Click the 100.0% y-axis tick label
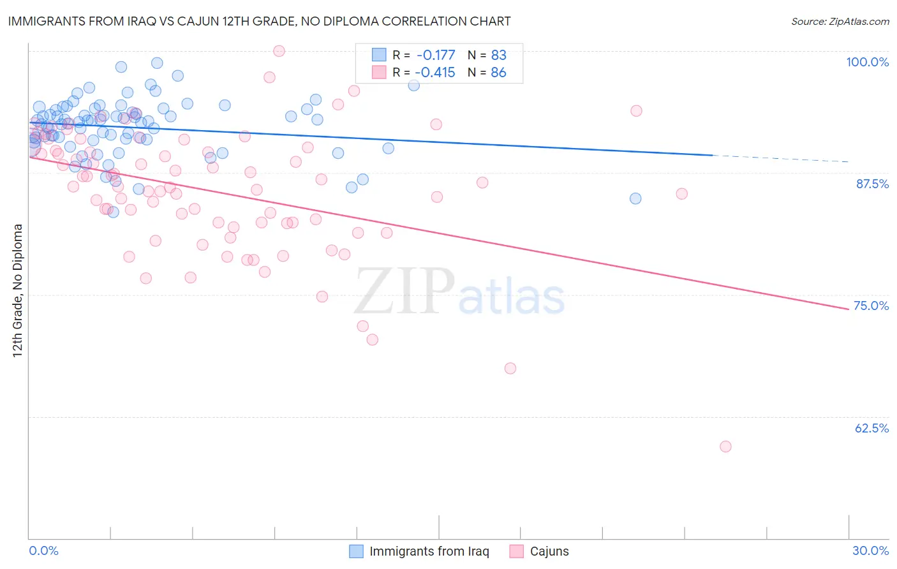click(867, 62)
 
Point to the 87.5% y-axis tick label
click(872, 184)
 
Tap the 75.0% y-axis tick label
click(871, 306)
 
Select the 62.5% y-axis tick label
click(871, 428)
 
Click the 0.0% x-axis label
click(43, 551)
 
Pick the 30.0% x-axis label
click(870, 551)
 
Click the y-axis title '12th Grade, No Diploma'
click(18, 290)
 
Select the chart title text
click(259, 21)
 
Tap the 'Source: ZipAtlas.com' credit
click(840, 22)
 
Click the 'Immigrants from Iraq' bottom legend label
click(429, 551)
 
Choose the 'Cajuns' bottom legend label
click(549, 551)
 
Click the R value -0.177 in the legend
click(436, 55)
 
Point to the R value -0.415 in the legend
click(436, 72)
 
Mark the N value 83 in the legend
click(498, 55)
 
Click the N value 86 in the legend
click(498, 72)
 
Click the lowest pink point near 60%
click(725, 447)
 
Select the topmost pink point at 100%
click(279, 51)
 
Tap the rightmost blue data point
click(635, 198)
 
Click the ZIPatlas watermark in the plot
click(459, 292)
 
